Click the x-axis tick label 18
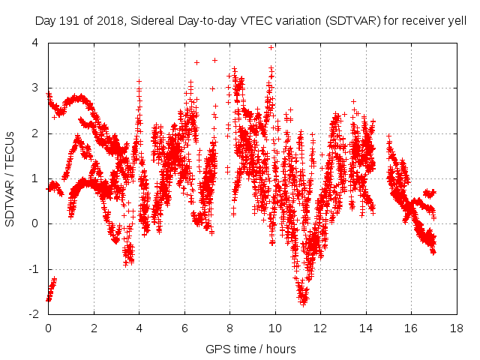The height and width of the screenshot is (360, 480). click(x=456, y=328)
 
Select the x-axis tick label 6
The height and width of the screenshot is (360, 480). click(x=184, y=328)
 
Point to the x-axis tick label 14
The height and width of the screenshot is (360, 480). click(x=366, y=328)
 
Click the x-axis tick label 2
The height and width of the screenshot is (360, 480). click(x=94, y=328)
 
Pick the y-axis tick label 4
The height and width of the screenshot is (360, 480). click(x=35, y=43)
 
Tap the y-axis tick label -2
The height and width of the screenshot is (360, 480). click(x=33, y=314)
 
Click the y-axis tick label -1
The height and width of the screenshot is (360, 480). click(x=33, y=269)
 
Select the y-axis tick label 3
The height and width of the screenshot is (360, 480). click(x=35, y=88)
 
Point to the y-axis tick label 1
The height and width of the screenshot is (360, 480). click(x=35, y=178)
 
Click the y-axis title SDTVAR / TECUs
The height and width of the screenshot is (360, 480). click(x=10, y=178)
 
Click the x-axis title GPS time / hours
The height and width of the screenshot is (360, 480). click(x=250, y=349)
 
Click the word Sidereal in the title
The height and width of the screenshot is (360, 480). click(x=148, y=22)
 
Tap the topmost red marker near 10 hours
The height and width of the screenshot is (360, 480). click(x=271, y=47)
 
